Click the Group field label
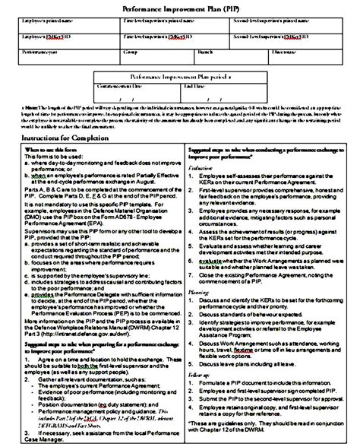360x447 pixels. point(131,52)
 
